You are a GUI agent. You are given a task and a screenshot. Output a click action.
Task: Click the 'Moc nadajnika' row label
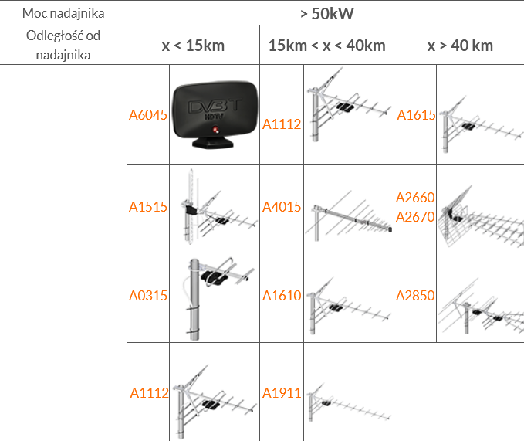click(x=63, y=13)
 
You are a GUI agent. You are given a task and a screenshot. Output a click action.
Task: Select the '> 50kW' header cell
click(x=327, y=14)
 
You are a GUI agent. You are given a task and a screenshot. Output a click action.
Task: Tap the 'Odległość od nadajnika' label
click(x=63, y=45)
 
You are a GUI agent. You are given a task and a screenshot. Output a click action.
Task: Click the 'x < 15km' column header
click(x=193, y=46)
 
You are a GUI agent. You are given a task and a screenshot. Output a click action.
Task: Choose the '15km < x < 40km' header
click(x=327, y=46)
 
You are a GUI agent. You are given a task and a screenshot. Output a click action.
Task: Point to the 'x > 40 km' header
click(x=460, y=46)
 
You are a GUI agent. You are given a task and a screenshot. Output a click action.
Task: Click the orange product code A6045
click(x=148, y=115)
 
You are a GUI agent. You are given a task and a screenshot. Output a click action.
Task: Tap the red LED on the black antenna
click(x=215, y=130)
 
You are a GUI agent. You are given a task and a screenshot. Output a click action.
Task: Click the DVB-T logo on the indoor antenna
click(x=215, y=107)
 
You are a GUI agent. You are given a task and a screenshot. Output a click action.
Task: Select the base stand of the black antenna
click(x=212, y=143)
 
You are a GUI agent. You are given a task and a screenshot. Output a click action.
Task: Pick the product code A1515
click(x=148, y=207)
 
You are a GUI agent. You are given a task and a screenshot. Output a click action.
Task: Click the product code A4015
click(x=282, y=207)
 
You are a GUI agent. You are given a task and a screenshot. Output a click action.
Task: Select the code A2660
click(x=415, y=198)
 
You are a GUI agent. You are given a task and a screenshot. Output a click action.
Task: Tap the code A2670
click(x=415, y=217)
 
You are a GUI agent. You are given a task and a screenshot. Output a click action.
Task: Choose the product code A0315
click(x=148, y=296)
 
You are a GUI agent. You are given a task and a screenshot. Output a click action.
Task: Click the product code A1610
click(x=282, y=296)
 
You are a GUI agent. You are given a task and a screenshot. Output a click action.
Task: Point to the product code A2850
click(x=415, y=296)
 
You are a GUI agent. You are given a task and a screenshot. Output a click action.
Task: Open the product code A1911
click(x=282, y=393)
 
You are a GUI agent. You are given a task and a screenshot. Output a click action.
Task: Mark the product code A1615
click(x=416, y=115)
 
